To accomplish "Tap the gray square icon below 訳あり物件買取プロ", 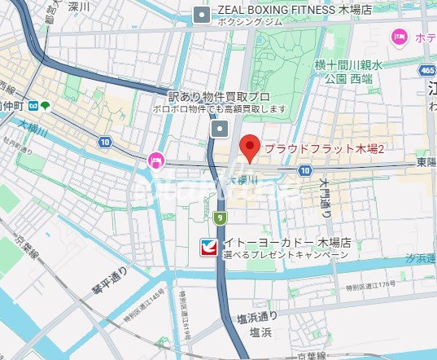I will pyautogui.click(x=220, y=129).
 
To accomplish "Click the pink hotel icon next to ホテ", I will pyautogui.click(x=399, y=35).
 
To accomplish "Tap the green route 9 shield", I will pyautogui.click(x=220, y=217).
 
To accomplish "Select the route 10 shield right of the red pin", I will pyautogui.click(x=304, y=170).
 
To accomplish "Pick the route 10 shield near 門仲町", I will pyautogui.click(x=105, y=142).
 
